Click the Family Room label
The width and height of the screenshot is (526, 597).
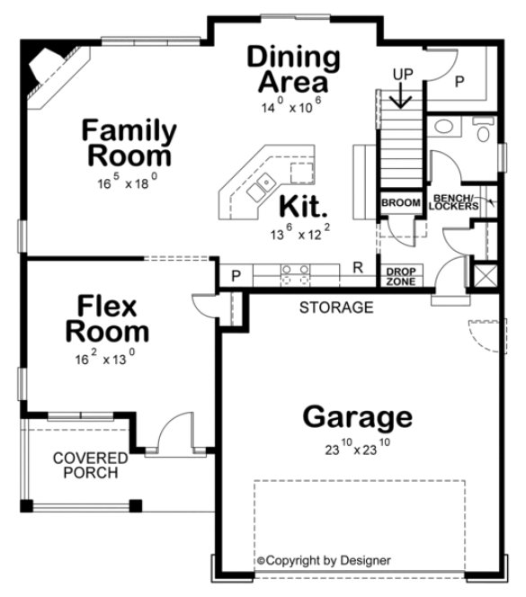click(x=129, y=143)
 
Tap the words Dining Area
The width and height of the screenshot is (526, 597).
click(x=294, y=70)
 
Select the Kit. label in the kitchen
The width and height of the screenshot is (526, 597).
click(x=302, y=207)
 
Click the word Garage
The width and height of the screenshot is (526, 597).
click(x=357, y=417)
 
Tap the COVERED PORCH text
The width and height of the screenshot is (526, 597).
click(x=90, y=466)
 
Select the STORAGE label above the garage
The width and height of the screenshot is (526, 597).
click(x=335, y=307)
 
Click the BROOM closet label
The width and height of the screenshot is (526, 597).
click(x=400, y=203)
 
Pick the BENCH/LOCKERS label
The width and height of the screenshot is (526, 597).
click(x=454, y=202)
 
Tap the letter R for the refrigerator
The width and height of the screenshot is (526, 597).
click(x=357, y=267)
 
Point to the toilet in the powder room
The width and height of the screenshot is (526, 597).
click(x=483, y=135)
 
